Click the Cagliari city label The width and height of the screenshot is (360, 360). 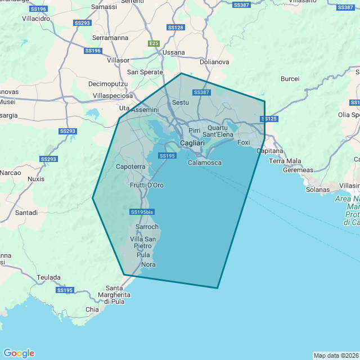(192, 143)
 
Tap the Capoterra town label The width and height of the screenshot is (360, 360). (130, 167)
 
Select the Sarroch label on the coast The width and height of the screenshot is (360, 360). (147, 227)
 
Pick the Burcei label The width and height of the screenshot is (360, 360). (290, 79)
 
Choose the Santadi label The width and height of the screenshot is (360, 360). (26, 213)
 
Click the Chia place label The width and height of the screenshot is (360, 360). (92, 309)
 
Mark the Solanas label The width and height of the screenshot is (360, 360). (318, 190)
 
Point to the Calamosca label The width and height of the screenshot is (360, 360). (204, 163)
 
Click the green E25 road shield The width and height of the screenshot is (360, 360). (154, 43)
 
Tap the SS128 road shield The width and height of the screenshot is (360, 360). (175, 28)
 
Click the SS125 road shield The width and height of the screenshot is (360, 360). (269, 119)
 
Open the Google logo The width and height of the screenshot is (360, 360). (19, 353)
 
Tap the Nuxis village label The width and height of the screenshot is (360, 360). (35, 179)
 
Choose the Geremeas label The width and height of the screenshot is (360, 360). (299, 170)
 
